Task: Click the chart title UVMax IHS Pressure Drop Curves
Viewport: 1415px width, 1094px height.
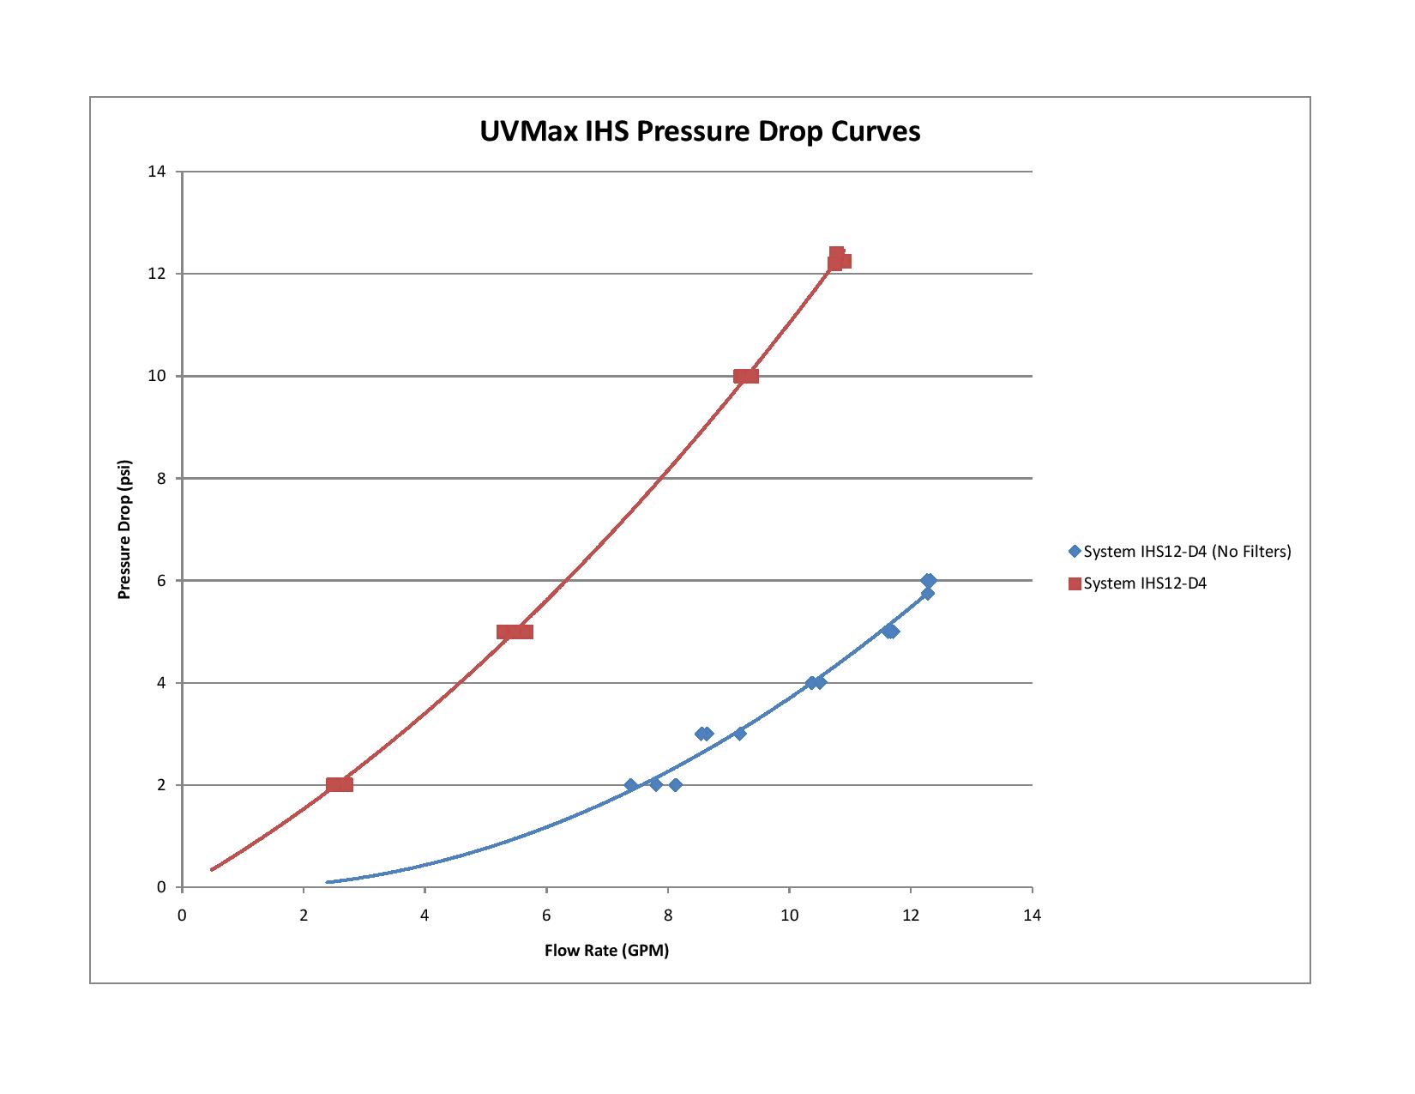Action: [700, 131]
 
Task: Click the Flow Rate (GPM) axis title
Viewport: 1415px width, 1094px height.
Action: [606, 951]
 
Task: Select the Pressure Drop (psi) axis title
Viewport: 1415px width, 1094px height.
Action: [124, 529]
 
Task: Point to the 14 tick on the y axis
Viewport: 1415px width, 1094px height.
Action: [156, 172]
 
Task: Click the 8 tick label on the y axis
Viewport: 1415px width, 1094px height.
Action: [160, 478]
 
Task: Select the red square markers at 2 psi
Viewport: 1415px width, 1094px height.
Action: [340, 784]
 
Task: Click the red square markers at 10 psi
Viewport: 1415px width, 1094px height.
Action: [746, 376]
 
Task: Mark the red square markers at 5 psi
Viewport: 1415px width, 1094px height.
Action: [515, 632]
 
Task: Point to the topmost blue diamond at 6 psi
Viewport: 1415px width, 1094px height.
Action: [929, 581]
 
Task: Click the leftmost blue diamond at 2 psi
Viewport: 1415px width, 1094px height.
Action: [631, 785]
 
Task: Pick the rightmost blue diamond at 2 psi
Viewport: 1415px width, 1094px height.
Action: [676, 785]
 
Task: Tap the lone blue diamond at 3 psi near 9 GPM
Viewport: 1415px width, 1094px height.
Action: [740, 734]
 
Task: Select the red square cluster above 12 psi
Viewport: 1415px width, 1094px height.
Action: [839, 258]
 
